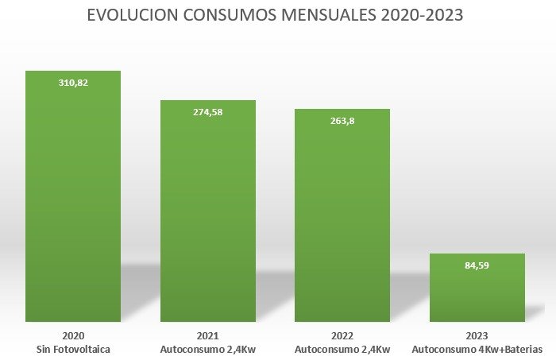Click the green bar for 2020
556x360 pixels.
tap(73, 199)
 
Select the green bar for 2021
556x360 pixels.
tap(208, 215)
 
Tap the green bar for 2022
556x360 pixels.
tap(342, 219)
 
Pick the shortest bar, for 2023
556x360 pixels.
tap(477, 290)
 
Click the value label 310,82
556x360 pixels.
tap(73, 82)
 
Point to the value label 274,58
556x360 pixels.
tap(208, 112)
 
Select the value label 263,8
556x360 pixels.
tap(342, 121)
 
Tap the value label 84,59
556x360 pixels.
tap(477, 265)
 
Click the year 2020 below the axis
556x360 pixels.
tap(73, 336)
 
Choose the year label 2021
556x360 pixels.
tap(208, 336)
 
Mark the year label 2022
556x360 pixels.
tap(342, 336)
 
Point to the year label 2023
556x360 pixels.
tap(477, 336)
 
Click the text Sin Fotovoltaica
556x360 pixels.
tap(73, 350)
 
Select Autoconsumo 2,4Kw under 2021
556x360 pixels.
tap(208, 350)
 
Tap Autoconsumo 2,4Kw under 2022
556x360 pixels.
tap(342, 350)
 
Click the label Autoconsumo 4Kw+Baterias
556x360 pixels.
tap(477, 350)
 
